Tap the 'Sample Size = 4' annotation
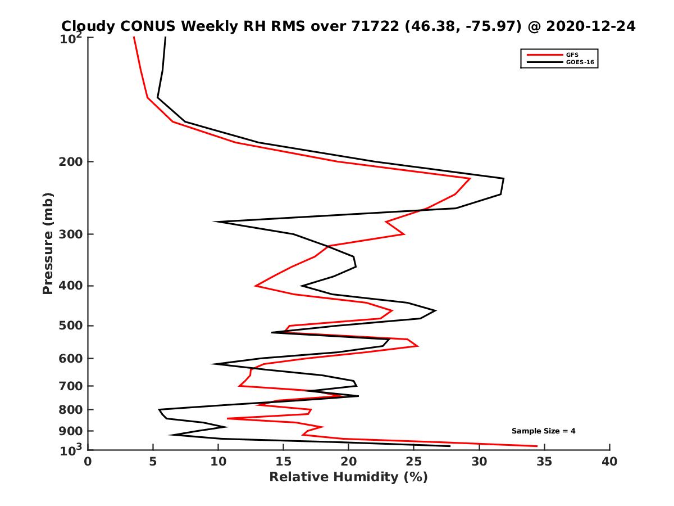pos(543,431)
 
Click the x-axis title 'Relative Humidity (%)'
pos(348,477)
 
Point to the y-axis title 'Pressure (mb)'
pos(48,243)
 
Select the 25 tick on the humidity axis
pos(414,462)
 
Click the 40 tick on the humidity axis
pos(609,462)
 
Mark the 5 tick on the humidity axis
pos(153,462)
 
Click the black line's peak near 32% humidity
pos(503,179)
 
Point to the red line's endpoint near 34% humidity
pos(537,446)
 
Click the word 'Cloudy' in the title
pos(88,26)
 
